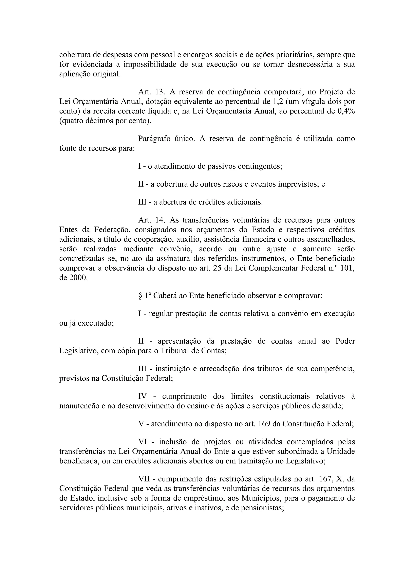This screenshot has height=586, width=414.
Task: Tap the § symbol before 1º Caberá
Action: pos(140,296)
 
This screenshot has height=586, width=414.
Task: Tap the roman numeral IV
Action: pos(142,396)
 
